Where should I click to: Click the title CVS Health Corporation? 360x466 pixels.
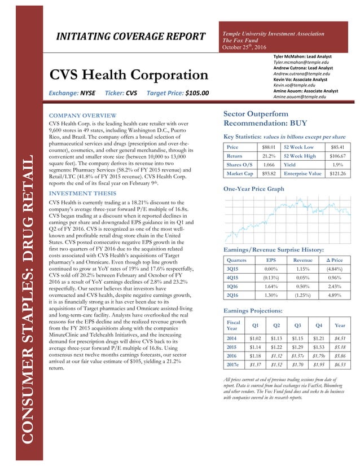click(x=129, y=75)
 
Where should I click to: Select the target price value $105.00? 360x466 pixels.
click(x=190, y=93)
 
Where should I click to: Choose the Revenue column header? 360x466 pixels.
click(x=302, y=261)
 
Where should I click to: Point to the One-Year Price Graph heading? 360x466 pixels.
click(x=254, y=189)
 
